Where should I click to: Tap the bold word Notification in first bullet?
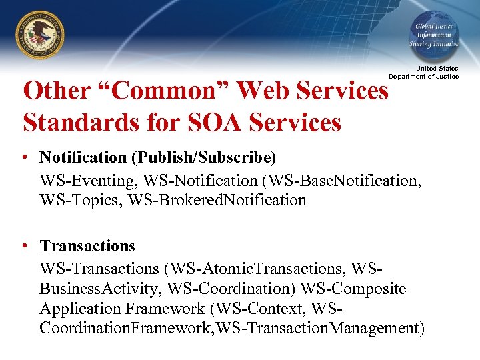[x=83, y=157]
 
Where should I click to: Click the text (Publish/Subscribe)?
[x=203, y=157]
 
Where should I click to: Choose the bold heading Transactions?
[x=87, y=246]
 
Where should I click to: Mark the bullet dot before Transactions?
[x=24, y=246]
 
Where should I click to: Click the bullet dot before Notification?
[x=24, y=157]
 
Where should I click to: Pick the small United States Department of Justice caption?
[x=424, y=72]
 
